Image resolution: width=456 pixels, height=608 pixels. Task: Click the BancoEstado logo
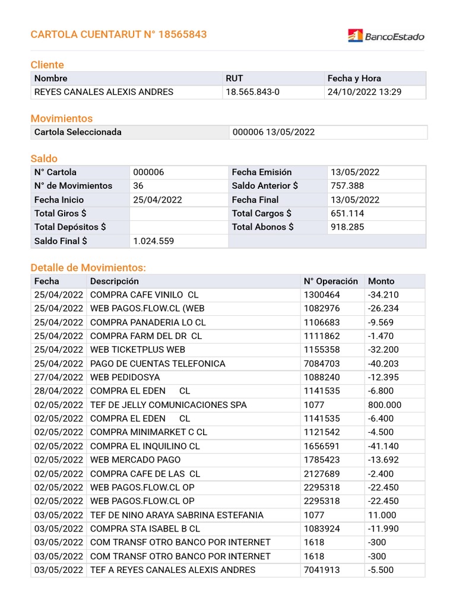[x=386, y=36]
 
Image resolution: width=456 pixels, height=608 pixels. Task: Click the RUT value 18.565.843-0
[x=252, y=92]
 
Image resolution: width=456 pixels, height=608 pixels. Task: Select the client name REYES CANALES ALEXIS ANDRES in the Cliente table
[x=104, y=92]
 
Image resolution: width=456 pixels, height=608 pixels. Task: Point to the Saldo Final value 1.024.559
[x=154, y=241]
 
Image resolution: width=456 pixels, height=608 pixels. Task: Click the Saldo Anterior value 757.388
[x=347, y=186]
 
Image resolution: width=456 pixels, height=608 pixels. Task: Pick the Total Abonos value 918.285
[x=347, y=227]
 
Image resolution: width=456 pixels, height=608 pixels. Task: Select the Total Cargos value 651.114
[x=347, y=213]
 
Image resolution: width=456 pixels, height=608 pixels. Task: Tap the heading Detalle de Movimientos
[x=88, y=268]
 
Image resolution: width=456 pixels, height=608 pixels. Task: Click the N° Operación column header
[x=331, y=281]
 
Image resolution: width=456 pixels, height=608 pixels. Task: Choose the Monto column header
[x=381, y=281]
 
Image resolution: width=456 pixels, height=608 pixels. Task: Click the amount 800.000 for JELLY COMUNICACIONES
[x=385, y=405]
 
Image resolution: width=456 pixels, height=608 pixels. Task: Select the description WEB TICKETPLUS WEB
[x=138, y=350]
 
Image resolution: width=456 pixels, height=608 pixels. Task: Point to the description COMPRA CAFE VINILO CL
[x=144, y=295]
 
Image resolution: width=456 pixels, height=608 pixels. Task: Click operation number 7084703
[x=322, y=363]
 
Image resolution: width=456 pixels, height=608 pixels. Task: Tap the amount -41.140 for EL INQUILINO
[x=384, y=446]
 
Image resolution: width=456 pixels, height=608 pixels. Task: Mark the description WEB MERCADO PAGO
[x=135, y=460]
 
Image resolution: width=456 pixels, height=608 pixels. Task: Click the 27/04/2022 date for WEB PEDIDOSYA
[x=59, y=377]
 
